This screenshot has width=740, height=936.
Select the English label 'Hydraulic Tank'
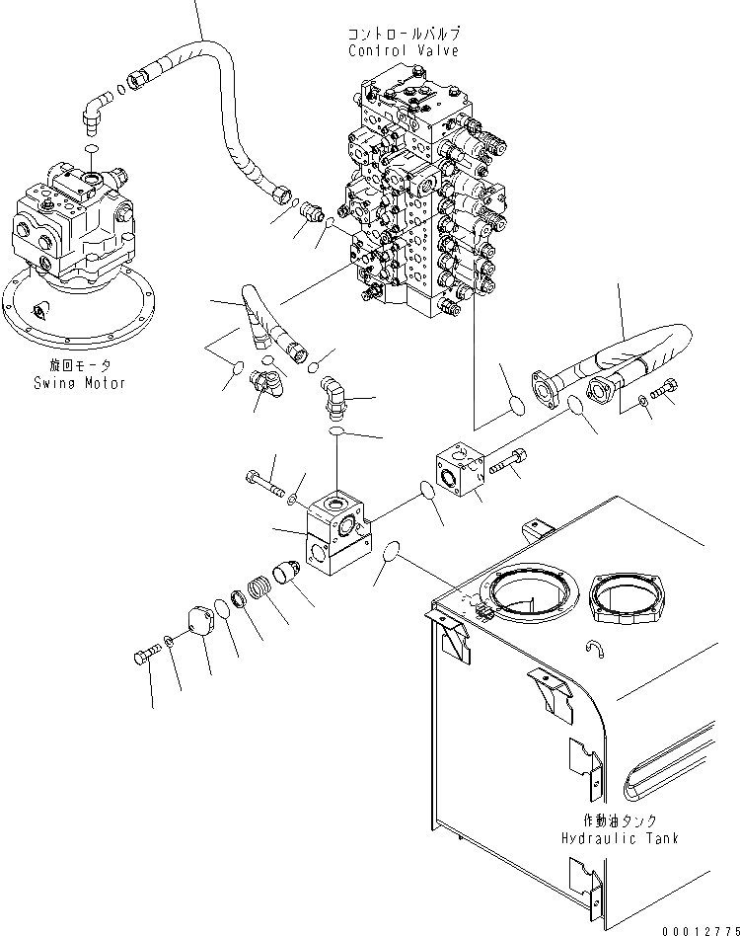620,837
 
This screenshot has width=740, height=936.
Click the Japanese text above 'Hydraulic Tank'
620,820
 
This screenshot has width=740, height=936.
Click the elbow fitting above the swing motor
97,110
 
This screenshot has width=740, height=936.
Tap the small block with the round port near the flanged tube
460,472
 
